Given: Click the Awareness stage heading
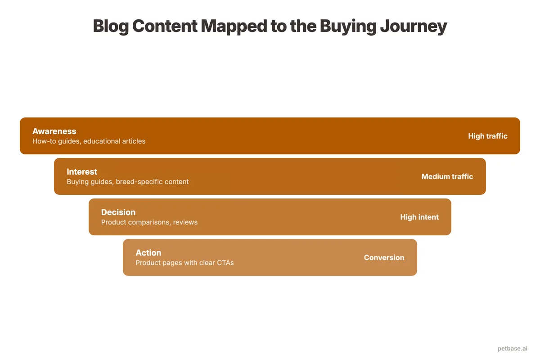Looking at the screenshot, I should [x=54, y=131].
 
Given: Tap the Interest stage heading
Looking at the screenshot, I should [x=82, y=172].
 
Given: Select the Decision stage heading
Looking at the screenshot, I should [x=118, y=212].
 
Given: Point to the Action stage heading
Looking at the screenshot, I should [x=148, y=253].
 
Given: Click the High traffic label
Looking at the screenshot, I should [x=487, y=136].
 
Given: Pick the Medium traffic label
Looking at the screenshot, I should [x=447, y=176].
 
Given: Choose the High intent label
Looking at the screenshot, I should [x=419, y=217].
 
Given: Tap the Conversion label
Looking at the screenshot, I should [x=384, y=257].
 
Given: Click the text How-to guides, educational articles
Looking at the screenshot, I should [x=89, y=141].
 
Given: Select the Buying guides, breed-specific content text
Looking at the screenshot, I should [x=127, y=182].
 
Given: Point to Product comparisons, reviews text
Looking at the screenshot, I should [x=149, y=222].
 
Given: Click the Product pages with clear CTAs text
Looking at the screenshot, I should [x=184, y=263].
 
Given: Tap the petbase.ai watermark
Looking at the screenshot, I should [x=513, y=348].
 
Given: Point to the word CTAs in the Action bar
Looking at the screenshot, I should [x=225, y=263].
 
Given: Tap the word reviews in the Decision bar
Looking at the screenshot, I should [x=185, y=222].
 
